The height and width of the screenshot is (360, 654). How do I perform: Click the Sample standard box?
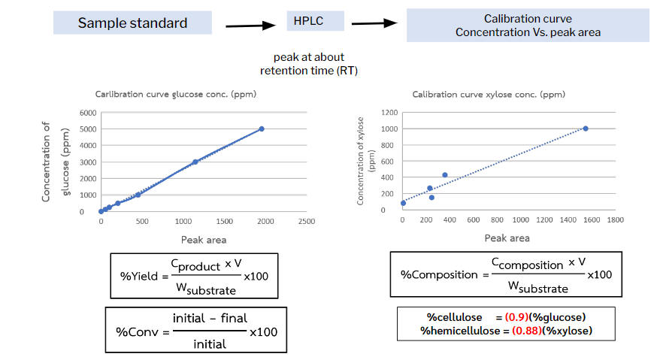tap(132, 23)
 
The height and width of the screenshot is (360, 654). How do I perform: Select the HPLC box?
tap(315, 20)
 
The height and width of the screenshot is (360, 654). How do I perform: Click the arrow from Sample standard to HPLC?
tap(251, 26)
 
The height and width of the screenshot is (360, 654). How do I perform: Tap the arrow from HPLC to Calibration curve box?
tap(374, 23)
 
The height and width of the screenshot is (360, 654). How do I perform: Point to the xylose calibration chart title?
tap(488, 94)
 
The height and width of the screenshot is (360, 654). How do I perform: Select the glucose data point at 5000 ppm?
tap(262, 129)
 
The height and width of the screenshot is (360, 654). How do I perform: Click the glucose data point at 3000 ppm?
tap(195, 162)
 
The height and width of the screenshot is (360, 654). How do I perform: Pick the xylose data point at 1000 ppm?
tap(586, 129)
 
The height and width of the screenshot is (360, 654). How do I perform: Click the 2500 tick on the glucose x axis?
tap(305, 222)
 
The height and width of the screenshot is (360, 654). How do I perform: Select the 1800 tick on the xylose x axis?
tap(614, 220)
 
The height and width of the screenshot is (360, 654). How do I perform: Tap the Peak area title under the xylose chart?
tap(507, 238)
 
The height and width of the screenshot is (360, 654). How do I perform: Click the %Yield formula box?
tap(189, 274)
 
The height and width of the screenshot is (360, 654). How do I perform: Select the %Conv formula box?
tap(196, 331)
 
